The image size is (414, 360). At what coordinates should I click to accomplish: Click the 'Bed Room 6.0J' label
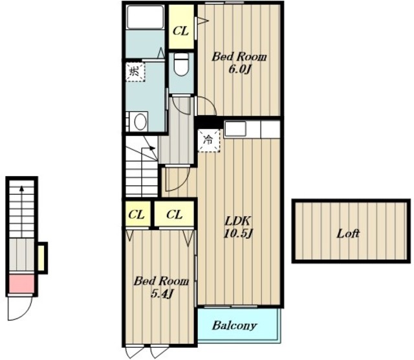[x=239, y=63]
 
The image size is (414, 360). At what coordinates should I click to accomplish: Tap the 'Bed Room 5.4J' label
[x=161, y=287]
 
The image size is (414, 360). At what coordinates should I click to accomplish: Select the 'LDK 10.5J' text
[x=238, y=227]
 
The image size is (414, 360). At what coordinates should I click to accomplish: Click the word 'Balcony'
[x=234, y=326]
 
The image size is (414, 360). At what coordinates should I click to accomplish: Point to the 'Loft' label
[x=348, y=233]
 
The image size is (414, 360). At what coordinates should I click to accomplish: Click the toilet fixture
[x=181, y=64]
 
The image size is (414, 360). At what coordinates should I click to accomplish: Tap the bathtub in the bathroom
[x=145, y=17]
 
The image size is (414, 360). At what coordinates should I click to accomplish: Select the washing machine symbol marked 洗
[x=135, y=72]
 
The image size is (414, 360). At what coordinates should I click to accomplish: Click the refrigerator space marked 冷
[x=209, y=140]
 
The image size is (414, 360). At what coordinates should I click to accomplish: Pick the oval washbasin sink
[x=140, y=122]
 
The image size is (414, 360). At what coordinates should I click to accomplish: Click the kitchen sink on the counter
[x=235, y=129]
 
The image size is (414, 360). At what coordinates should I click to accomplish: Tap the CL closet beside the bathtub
[x=181, y=27]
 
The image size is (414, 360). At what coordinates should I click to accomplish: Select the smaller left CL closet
[x=138, y=214]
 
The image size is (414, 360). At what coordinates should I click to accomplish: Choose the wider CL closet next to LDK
[x=174, y=214]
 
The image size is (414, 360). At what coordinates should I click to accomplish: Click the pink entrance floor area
[x=22, y=284]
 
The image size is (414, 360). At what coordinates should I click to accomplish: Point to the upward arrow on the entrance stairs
[x=21, y=212]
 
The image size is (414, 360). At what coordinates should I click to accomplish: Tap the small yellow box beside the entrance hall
[x=41, y=258]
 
